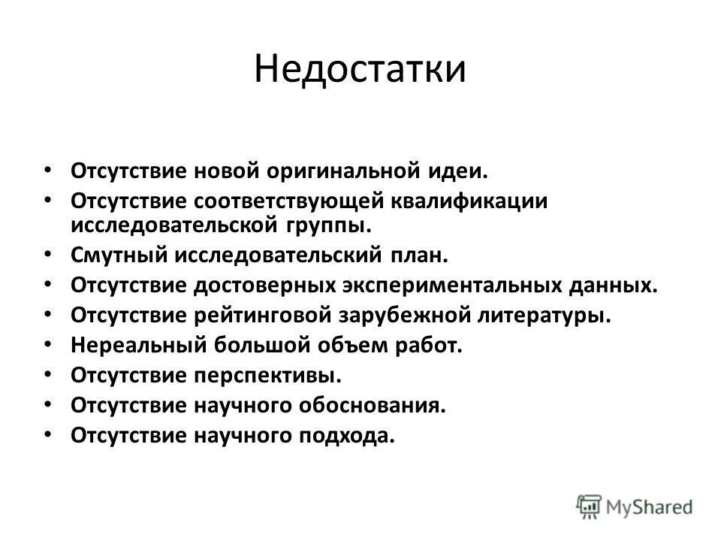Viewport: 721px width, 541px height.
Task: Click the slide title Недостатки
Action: coord(360,70)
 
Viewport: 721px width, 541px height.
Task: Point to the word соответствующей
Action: coord(291,201)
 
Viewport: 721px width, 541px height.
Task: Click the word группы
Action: coord(329,224)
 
